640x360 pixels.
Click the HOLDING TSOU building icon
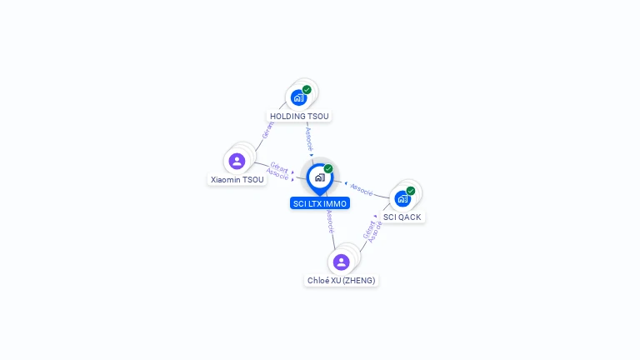click(299, 98)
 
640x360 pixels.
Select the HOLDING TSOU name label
click(299, 117)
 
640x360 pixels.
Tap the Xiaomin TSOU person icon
click(237, 161)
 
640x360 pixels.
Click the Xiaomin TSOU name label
click(237, 180)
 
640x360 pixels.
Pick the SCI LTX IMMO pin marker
click(320, 179)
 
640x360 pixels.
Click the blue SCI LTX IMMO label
click(320, 203)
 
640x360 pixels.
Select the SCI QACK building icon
click(402, 199)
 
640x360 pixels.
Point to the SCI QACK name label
click(402, 217)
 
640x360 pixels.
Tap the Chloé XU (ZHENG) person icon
click(341, 262)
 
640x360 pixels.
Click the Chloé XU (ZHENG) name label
click(341, 280)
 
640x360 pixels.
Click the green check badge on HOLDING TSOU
click(307, 90)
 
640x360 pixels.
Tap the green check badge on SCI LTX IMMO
click(328, 168)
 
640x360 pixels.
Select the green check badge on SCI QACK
click(411, 191)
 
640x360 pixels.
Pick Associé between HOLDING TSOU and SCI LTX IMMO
click(309, 139)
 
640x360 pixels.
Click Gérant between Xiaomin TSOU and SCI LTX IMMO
click(279, 167)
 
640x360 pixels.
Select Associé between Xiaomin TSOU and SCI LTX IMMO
click(277, 174)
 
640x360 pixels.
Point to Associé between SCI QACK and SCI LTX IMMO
click(362, 190)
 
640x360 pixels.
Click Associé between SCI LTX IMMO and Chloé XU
click(331, 222)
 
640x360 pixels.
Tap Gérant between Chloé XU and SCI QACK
click(368, 230)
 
